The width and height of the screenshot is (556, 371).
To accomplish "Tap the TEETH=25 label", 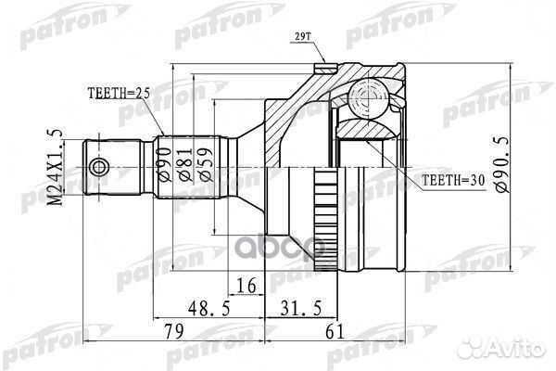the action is [x=119, y=94].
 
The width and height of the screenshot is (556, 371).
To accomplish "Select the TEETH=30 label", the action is [x=453, y=181].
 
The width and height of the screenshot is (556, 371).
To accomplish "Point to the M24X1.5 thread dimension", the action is [x=56, y=167].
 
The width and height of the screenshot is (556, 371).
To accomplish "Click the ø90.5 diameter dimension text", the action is [x=502, y=164].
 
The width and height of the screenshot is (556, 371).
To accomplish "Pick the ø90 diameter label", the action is [x=165, y=165].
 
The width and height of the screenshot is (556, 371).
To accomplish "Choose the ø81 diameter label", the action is [x=186, y=165].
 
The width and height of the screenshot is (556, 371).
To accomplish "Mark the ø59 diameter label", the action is [x=207, y=165].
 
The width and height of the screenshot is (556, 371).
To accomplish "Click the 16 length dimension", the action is [x=246, y=286].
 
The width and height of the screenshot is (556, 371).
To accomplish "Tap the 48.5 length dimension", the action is [x=209, y=308].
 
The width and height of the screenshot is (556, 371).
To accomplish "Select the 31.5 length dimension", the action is [x=301, y=308].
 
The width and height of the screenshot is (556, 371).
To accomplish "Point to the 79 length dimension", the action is [x=174, y=331].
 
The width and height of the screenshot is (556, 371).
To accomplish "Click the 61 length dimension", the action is [x=335, y=331].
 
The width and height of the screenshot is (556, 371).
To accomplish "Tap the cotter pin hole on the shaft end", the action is [x=99, y=167].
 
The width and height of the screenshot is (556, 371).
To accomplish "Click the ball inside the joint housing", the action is [x=367, y=96].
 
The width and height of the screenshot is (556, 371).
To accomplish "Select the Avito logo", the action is [x=500, y=347].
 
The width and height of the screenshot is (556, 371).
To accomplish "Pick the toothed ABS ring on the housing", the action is [x=326, y=220].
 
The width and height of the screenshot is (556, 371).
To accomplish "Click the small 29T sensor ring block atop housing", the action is [x=325, y=68].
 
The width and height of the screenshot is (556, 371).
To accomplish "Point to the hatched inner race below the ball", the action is [x=368, y=129].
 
